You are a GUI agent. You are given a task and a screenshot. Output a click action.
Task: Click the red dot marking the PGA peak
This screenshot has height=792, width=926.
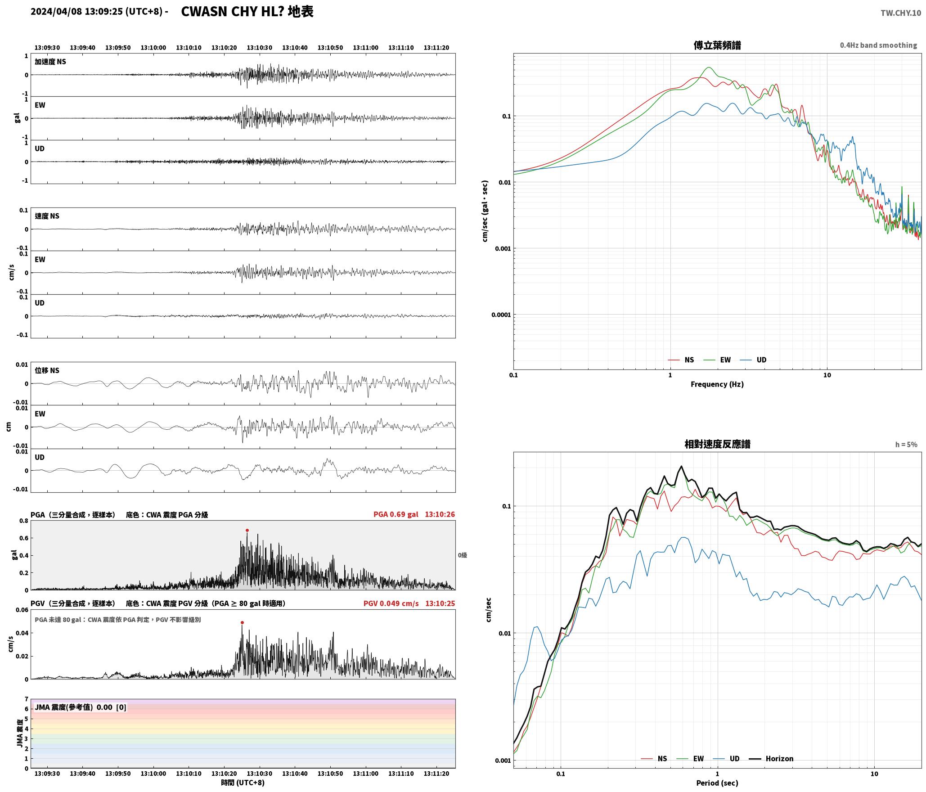pos(247,530)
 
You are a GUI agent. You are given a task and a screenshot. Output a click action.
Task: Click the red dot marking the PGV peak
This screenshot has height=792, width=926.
pos(242,623)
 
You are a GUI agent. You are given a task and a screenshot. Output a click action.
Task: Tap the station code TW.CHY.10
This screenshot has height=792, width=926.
pos(901,13)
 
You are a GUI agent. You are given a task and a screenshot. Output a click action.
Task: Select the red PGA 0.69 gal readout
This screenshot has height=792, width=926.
pos(396,514)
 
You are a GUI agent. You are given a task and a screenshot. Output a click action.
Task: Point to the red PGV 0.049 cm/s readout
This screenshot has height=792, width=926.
pos(391,603)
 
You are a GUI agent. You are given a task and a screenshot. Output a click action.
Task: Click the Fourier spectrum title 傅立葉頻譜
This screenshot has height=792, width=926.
pos(717,45)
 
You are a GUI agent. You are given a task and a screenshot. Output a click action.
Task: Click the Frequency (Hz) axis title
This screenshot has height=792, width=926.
pos(717,384)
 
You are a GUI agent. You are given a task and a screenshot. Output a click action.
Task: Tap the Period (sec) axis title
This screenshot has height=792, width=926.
pos(717,783)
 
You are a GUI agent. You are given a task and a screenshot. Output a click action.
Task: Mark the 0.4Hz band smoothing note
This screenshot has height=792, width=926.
pos(878,45)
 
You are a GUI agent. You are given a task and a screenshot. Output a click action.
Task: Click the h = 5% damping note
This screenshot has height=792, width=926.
pos(906,445)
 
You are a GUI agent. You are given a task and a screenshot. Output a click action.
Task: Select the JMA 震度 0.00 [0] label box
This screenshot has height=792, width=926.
pos(81,707)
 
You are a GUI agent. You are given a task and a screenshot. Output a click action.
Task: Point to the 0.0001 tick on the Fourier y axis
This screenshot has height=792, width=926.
pos(501,315)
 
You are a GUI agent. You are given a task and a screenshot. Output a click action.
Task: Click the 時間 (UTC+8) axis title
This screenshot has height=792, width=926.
pos(243,783)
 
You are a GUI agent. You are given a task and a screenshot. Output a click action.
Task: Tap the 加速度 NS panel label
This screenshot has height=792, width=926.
pos(50,62)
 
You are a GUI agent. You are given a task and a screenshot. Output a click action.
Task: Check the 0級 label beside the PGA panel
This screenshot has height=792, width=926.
pos(463,555)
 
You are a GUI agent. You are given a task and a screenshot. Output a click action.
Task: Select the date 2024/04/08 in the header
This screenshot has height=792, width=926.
pos(56,12)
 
